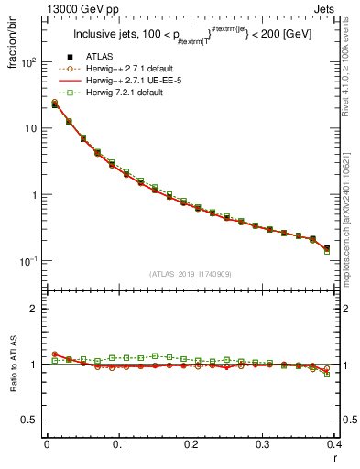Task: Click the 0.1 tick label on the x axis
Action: point(118,445)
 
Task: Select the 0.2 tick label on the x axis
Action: point(190,445)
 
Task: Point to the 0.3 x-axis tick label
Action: point(262,445)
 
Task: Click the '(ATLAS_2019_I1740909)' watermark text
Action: point(191,274)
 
